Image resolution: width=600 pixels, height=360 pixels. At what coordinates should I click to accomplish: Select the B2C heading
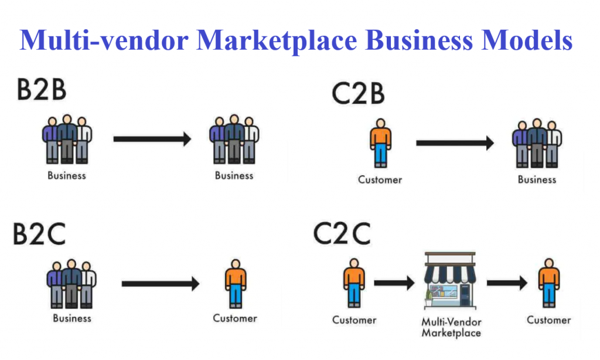pyautogui.click(x=40, y=235)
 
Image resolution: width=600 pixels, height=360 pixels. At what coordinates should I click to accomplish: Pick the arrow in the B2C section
pyautogui.click(x=161, y=284)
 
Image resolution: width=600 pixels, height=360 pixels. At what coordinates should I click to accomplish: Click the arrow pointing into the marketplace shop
pyautogui.click(x=394, y=284)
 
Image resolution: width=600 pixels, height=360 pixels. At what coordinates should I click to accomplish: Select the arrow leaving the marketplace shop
pyautogui.click(x=507, y=283)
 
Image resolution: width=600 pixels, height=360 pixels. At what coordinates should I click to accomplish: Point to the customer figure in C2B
pyautogui.click(x=380, y=143)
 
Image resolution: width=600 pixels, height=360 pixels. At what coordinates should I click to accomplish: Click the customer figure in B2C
pyautogui.click(x=236, y=284)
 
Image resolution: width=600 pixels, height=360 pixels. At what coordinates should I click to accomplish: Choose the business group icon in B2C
pyautogui.click(x=71, y=284)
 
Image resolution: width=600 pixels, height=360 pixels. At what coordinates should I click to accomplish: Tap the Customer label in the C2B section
pyautogui.click(x=380, y=179)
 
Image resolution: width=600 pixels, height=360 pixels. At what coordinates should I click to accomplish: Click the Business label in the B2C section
pyautogui.click(x=72, y=318)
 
